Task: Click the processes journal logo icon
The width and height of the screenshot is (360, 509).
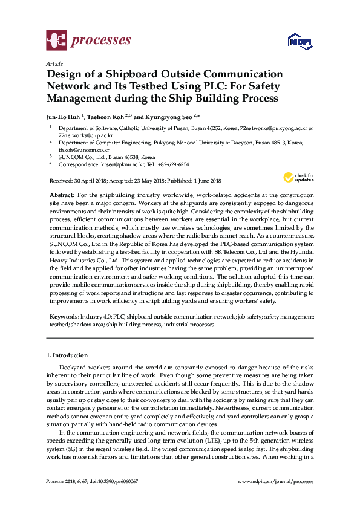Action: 56,41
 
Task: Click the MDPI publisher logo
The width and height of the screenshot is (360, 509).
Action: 295,42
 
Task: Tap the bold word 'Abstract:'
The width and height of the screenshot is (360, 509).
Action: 61,195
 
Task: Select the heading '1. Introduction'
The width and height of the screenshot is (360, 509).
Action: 67,355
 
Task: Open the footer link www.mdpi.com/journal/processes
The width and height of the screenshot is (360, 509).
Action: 276,481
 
